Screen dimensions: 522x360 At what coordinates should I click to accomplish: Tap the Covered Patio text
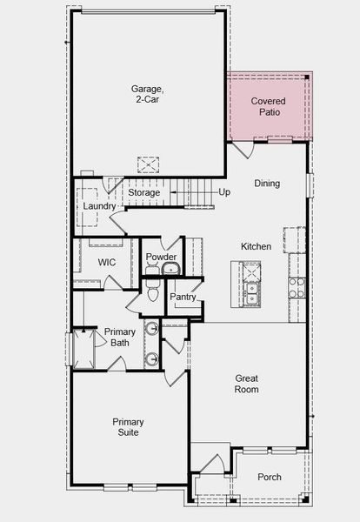pos(269,107)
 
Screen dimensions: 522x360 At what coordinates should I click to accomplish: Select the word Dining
pos(267,184)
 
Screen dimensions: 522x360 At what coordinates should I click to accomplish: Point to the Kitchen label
pos(256,247)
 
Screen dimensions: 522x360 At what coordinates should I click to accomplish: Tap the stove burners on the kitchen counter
pos(297,286)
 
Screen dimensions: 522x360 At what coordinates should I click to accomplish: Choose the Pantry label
pos(183,297)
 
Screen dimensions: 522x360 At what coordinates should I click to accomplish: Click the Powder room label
pos(161,258)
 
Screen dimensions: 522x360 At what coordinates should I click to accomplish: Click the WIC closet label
pos(107,262)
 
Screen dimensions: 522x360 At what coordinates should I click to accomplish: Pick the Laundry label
pos(99,206)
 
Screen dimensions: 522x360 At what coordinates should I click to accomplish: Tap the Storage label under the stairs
pos(144,192)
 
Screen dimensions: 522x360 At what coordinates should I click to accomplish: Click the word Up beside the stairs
pos(224,192)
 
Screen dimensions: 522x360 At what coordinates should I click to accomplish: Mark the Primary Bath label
pos(120,338)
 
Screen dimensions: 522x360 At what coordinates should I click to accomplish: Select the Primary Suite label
pos(128,427)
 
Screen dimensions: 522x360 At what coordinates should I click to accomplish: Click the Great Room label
pos(247,384)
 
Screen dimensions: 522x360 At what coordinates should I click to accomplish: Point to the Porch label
pos(270,477)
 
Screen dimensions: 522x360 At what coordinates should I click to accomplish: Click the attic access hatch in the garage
pos(149,164)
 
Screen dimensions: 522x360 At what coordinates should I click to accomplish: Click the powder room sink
pos(170,269)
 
